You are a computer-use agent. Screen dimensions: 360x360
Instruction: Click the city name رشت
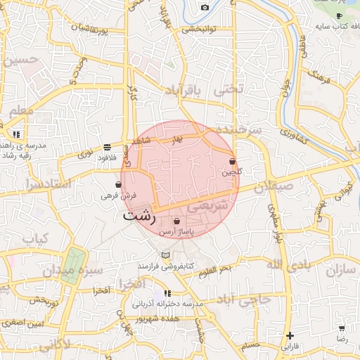tap(139, 215)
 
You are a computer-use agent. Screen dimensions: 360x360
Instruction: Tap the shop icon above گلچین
tap(232, 162)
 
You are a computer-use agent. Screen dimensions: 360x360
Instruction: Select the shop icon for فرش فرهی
tap(118, 184)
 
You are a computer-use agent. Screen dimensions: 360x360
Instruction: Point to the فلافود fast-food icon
tap(107, 147)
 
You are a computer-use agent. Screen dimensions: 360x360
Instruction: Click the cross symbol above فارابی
tap(289, 335)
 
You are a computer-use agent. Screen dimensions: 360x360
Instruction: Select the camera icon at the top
tap(205, 7)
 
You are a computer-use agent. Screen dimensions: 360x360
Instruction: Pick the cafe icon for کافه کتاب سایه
tap(339, 15)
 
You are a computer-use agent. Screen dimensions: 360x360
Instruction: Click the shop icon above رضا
tap(342, 328)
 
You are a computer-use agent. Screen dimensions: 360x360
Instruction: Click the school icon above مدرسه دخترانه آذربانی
tap(167, 293)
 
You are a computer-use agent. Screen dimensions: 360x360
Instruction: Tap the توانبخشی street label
tap(202, 30)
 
